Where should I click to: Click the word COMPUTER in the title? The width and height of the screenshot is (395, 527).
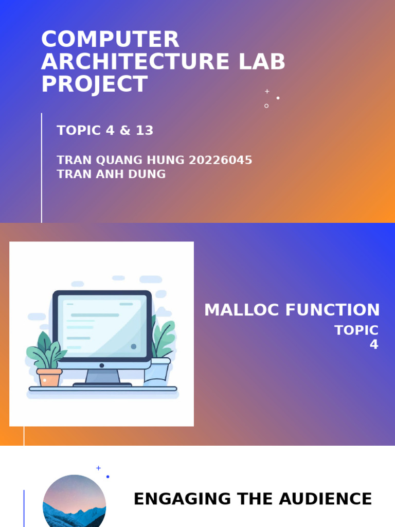click(x=110, y=40)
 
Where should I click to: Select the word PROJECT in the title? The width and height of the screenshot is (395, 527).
click(x=94, y=84)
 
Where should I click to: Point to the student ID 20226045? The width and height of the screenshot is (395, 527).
click(x=221, y=160)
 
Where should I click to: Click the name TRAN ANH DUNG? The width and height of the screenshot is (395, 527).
click(x=111, y=174)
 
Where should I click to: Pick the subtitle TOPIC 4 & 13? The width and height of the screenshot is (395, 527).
click(x=105, y=131)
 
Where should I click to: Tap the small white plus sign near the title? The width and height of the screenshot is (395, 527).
click(x=267, y=91)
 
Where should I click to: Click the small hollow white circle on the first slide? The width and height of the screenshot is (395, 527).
click(x=266, y=106)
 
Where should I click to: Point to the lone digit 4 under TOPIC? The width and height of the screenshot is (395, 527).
click(x=374, y=345)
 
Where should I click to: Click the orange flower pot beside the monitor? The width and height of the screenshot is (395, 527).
click(x=49, y=377)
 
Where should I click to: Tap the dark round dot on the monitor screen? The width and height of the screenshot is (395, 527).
click(x=134, y=346)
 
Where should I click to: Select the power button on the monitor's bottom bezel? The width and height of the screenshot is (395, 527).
click(x=102, y=365)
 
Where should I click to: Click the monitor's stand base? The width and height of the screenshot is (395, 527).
click(x=102, y=384)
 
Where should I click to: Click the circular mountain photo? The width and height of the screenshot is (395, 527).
click(x=74, y=502)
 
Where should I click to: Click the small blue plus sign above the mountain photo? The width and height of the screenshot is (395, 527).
click(x=98, y=468)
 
